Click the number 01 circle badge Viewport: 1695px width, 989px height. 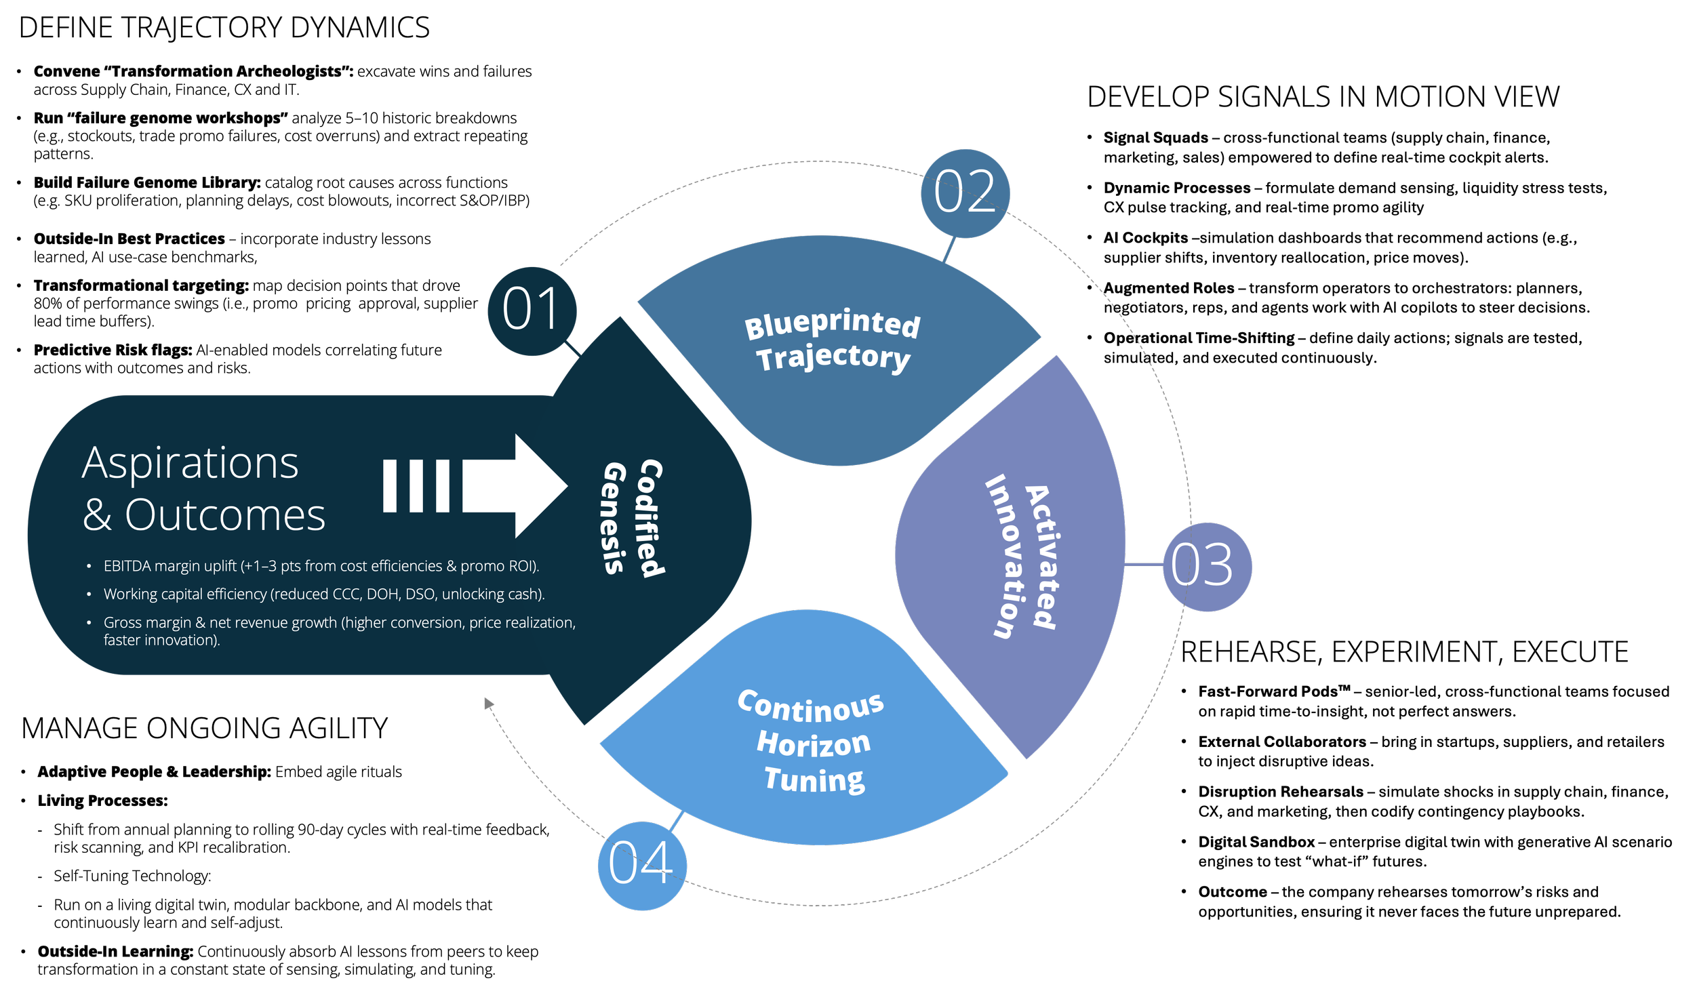coord(532,311)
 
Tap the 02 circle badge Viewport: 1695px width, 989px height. coord(965,193)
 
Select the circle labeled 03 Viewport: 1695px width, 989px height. coord(1207,567)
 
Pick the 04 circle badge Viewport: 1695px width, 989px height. coord(642,866)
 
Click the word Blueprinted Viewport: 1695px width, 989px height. coord(833,323)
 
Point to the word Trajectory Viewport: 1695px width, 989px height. coord(833,357)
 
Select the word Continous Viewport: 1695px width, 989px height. coord(811,707)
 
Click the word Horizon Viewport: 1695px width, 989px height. coord(814,744)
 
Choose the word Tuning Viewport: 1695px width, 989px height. coord(815,779)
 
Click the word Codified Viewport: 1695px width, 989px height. coord(650,519)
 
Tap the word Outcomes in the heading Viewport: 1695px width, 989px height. coord(225,515)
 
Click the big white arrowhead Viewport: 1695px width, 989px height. coord(539,485)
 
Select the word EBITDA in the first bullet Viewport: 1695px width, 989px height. coord(127,566)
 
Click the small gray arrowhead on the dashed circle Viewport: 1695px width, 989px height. coord(488,704)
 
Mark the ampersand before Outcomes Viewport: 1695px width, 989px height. coord(97,516)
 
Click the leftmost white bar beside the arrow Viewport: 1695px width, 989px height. coord(390,485)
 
